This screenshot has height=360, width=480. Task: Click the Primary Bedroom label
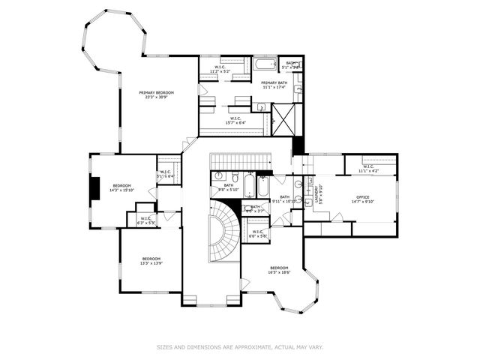pos(157,92)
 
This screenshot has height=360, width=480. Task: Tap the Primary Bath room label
pos(274,82)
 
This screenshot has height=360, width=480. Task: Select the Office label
pos(363,197)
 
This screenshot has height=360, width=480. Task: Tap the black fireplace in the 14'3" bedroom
pos(94,187)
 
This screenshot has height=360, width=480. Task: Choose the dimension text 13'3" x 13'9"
pos(151,263)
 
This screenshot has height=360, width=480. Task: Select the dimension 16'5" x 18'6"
pos(279,272)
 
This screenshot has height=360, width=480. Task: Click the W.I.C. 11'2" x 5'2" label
pos(220,70)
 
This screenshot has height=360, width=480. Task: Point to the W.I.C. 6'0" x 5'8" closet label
pos(258,234)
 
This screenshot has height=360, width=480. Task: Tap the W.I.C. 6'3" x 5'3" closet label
pos(145,220)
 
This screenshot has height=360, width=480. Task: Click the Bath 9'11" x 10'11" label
pos(285,199)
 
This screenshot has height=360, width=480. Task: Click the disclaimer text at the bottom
pos(240,346)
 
